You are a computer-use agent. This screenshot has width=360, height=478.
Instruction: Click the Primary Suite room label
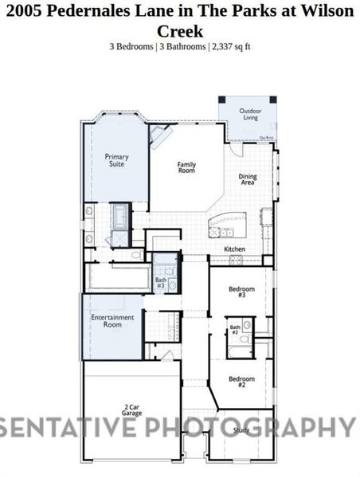coord(116,161)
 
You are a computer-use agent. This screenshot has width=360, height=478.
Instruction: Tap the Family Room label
coord(186,167)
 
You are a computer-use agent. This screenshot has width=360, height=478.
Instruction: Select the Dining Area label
coord(248,180)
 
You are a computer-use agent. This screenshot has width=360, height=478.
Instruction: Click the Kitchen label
coord(233,249)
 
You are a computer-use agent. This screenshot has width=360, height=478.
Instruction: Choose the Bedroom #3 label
coord(241,292)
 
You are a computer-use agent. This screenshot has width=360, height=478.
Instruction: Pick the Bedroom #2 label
coord(241,382)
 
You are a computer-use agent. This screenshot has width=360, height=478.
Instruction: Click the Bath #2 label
coord(235,330)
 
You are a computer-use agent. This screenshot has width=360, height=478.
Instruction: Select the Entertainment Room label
coord(112,320)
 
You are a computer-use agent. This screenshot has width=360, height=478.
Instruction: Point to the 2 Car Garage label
coord(132,412)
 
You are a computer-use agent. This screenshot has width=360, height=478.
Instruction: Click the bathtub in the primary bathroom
coord(119,214)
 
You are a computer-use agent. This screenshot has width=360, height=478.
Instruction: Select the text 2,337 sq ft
coord(231,46)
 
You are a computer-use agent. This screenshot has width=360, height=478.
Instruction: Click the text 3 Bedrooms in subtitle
coord(131,46)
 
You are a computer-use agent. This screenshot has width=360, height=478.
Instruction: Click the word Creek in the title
coord(180,31)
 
